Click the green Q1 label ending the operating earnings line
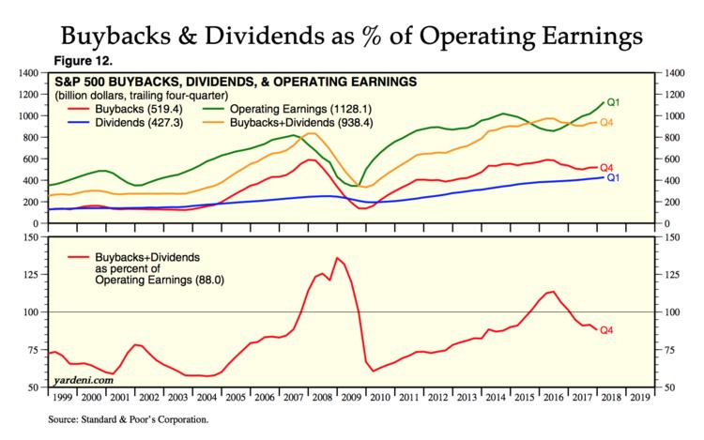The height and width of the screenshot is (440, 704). coord(615,102)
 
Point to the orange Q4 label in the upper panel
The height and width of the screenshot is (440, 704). coord(606,123)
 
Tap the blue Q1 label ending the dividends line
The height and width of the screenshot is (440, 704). coord(614,177)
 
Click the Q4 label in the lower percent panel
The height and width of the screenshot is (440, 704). coord(606,329)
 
